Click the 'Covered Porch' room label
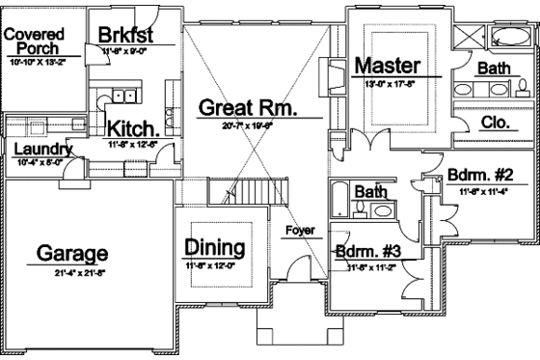coord(33,40)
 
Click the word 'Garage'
coord(71,253)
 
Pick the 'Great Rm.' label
coord(247,107)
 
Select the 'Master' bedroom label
coord(386,66)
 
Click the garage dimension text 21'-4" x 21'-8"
coord(71,274)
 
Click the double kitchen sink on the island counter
coord(123,94)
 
